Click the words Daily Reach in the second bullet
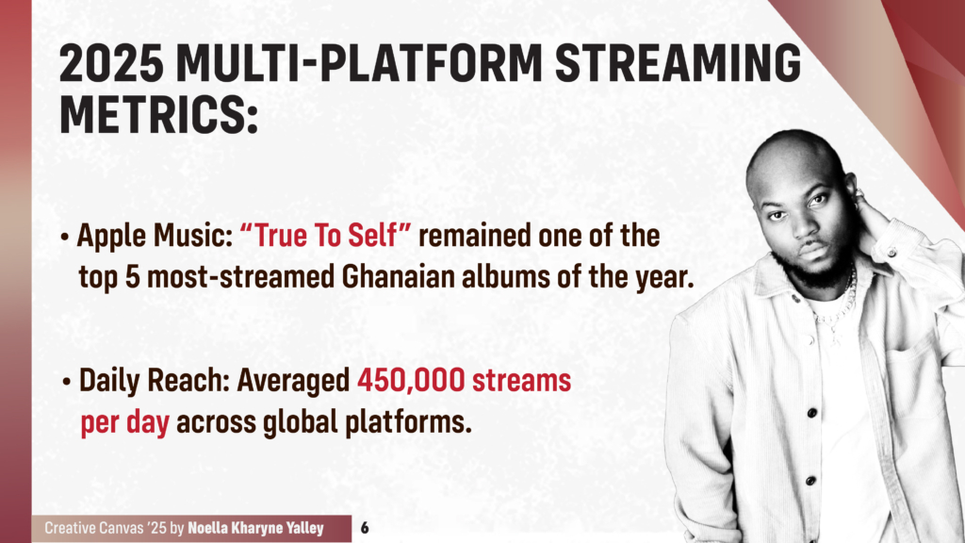(x=153, y=381)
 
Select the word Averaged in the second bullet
(x=293, y=381)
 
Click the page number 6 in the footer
(x=364, y=528)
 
